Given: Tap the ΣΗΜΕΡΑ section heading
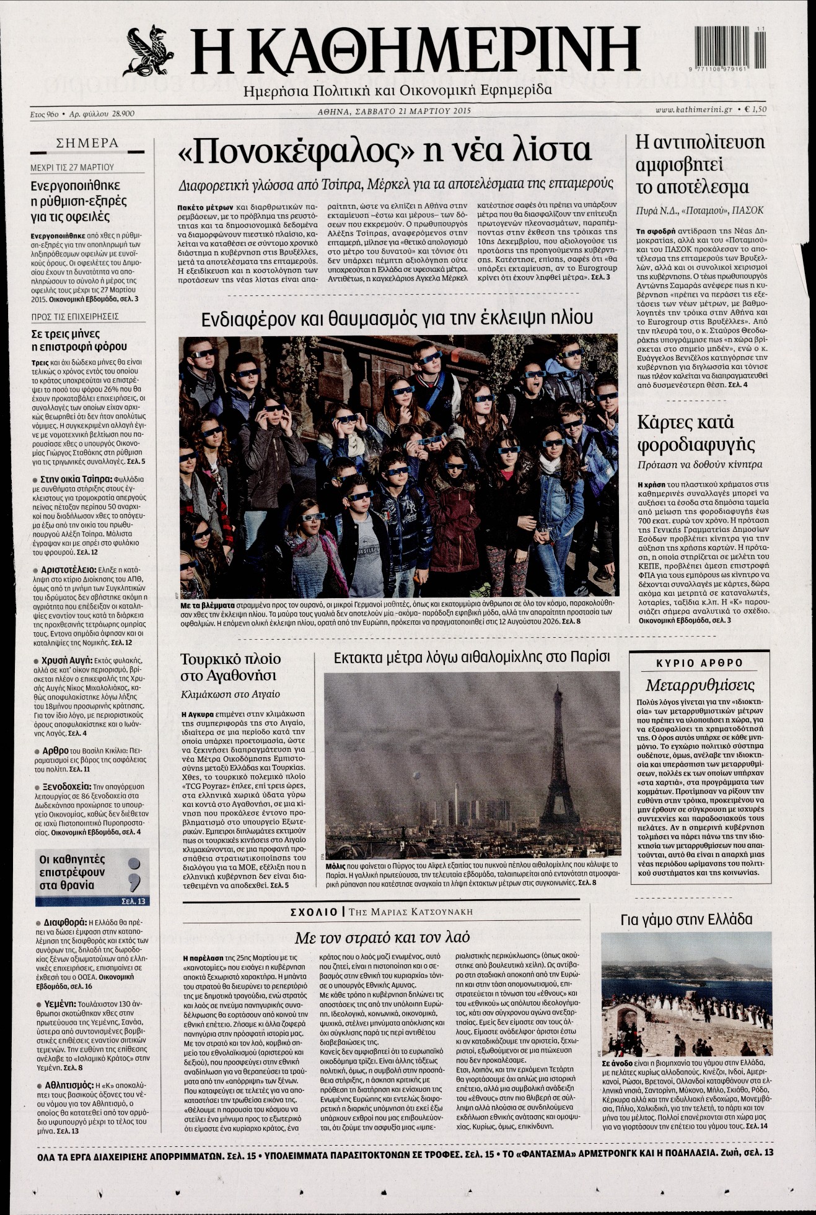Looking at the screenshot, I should click(87, 142).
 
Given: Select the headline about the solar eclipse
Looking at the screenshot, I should click(397, 318).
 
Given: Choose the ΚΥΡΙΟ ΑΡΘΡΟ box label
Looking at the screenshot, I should click(699, 663).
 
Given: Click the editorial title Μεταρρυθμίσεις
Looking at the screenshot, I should click(699, 685).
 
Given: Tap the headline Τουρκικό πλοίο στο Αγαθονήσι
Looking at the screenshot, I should click(230, 666).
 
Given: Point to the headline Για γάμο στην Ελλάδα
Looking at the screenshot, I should click(686, 920).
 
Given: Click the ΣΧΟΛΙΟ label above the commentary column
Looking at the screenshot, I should click(314, 912).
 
